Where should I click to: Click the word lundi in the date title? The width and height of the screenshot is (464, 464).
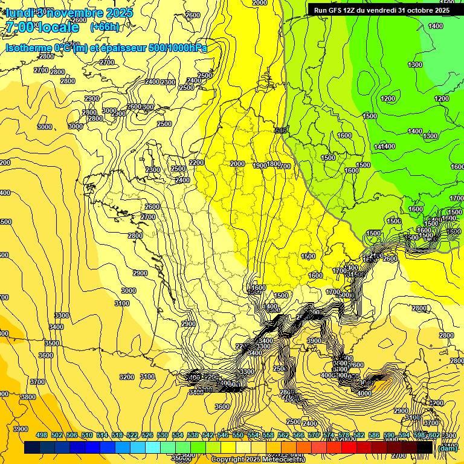tap(20, 12)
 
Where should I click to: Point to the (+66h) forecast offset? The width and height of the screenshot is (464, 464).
tap(105, 27)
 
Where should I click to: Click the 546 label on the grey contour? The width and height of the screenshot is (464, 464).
tap(280, 130)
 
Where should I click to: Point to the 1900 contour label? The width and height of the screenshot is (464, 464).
tap(260, 166)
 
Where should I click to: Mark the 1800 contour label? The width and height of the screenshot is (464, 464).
tap(274, 164)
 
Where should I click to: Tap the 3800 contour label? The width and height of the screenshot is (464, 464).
tap(28, 397)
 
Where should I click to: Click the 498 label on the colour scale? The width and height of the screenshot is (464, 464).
tap(42, 435)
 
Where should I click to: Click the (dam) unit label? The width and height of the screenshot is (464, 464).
tap(448, 448)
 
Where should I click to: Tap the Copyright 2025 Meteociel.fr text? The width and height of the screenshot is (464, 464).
tap(258, 460)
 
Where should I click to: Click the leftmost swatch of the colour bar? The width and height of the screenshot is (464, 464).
tap(32, 448)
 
